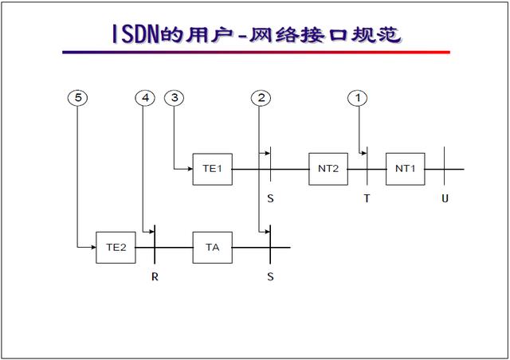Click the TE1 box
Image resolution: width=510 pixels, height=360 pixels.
tap(212, 169)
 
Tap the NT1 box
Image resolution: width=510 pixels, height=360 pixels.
tap(406, 169)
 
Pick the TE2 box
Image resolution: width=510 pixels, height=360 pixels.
tap(116, 247)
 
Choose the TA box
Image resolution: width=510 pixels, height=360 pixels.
tap(212, 247)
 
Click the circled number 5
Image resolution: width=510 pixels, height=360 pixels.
tap(77, 98)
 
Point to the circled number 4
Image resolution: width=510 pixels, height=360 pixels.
tap(144, 98)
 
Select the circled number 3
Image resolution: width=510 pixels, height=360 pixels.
tap(174, 98)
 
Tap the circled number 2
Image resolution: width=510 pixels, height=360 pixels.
tap(260, 98)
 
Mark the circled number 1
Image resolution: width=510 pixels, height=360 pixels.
tap(359, 98)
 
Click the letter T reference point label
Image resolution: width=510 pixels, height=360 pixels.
tap(367, 198)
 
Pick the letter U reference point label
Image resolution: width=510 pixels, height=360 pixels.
tap(445, 198)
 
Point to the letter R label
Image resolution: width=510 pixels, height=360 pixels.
tap(155, 277)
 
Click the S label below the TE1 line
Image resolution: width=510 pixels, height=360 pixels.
tap(270, 198)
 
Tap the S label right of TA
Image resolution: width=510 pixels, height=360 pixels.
tap(270, 277)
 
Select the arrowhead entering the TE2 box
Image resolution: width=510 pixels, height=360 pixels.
tap(92, 247)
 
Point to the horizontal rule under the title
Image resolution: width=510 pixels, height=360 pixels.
tap(256, 53)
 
